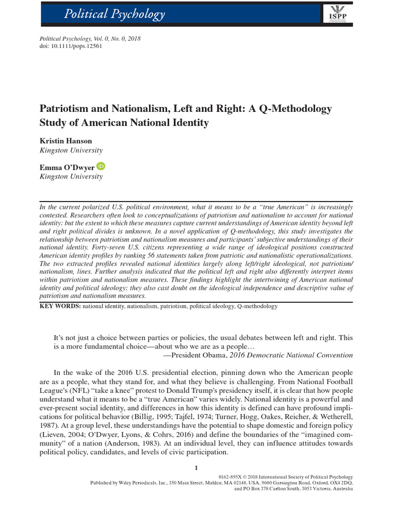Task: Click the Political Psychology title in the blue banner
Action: coord(114,14)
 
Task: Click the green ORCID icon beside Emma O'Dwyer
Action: coord(100,166)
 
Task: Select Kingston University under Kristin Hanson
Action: coord(71,151)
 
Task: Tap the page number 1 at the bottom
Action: coord(196,468)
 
